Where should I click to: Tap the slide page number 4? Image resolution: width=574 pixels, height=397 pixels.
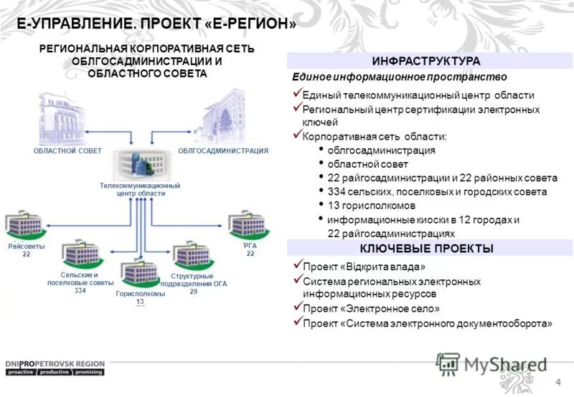coord(558,381)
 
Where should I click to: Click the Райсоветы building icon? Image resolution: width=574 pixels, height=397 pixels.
coord(27,224)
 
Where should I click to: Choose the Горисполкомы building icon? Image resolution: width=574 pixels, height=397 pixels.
coord(138,272)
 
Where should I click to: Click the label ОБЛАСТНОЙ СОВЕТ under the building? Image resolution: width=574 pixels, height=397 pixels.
coord(67,151)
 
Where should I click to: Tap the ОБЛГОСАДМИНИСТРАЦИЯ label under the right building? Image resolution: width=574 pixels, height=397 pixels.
coord(222,151)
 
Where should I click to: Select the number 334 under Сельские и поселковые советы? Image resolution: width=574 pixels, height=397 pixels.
coord(80,291)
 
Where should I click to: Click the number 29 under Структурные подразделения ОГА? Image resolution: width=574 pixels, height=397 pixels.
coord(194,292)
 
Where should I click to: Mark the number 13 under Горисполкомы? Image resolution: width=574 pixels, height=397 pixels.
coord(140,302)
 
